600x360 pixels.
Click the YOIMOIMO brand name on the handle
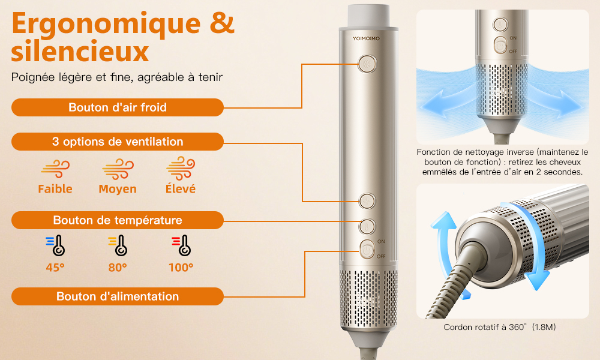point(366,38)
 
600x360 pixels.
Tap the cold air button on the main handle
point(367,64)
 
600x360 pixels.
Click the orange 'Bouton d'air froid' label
point(118,107)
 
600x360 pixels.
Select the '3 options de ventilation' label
point(118,142)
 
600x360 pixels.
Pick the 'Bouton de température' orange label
point(118,220)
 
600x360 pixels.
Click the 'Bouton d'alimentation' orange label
point(118,296)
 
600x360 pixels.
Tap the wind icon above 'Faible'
point(55,169)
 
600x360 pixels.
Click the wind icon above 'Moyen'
point(118,169)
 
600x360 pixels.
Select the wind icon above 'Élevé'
point(181,168)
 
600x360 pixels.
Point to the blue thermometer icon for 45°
point(55,245)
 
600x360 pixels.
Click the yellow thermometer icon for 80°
point(118,245)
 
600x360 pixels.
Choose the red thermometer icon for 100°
point(181,245)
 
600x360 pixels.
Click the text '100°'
point(181,268)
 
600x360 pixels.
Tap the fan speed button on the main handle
point(367,201)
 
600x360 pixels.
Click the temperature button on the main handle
point(367,226)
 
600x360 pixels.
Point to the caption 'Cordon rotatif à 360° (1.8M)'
point(500,327)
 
